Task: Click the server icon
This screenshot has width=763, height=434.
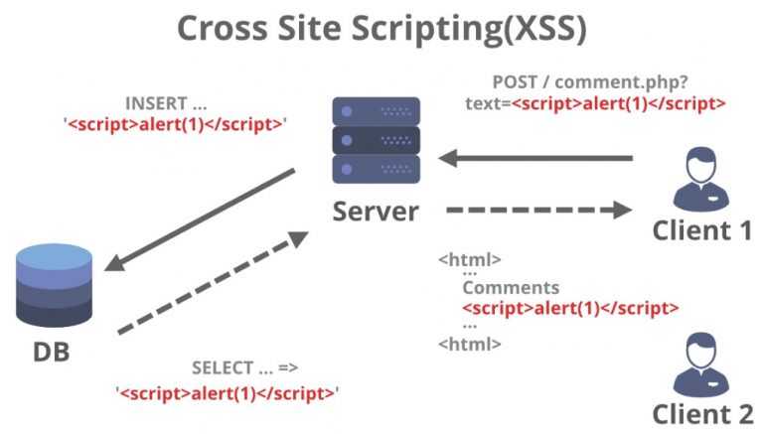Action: point(375,138)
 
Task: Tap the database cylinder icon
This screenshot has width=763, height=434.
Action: point(56,289)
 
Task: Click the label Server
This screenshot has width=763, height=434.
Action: point(376,211)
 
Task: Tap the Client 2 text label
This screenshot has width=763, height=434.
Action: point(701,412)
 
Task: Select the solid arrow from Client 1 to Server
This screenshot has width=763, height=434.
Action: point(536,157)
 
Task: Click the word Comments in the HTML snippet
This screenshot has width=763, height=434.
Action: point(511,287)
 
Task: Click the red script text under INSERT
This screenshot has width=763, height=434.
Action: point(173,125)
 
